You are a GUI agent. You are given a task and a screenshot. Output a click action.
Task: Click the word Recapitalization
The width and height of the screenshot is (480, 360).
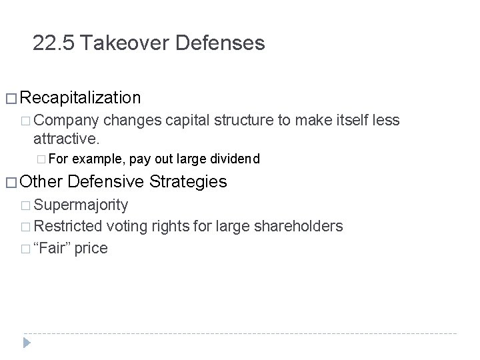point(81,99)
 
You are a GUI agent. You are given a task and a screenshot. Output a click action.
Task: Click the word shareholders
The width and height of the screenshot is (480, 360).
point(299,226)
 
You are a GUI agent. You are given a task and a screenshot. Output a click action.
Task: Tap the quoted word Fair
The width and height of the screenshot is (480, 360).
point(53,248)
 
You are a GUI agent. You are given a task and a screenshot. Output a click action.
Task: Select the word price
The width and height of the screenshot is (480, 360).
point(91,249)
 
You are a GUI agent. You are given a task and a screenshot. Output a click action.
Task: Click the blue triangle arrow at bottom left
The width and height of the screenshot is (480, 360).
point(26,343)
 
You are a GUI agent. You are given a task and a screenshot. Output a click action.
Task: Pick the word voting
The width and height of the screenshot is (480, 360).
point(125,226)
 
